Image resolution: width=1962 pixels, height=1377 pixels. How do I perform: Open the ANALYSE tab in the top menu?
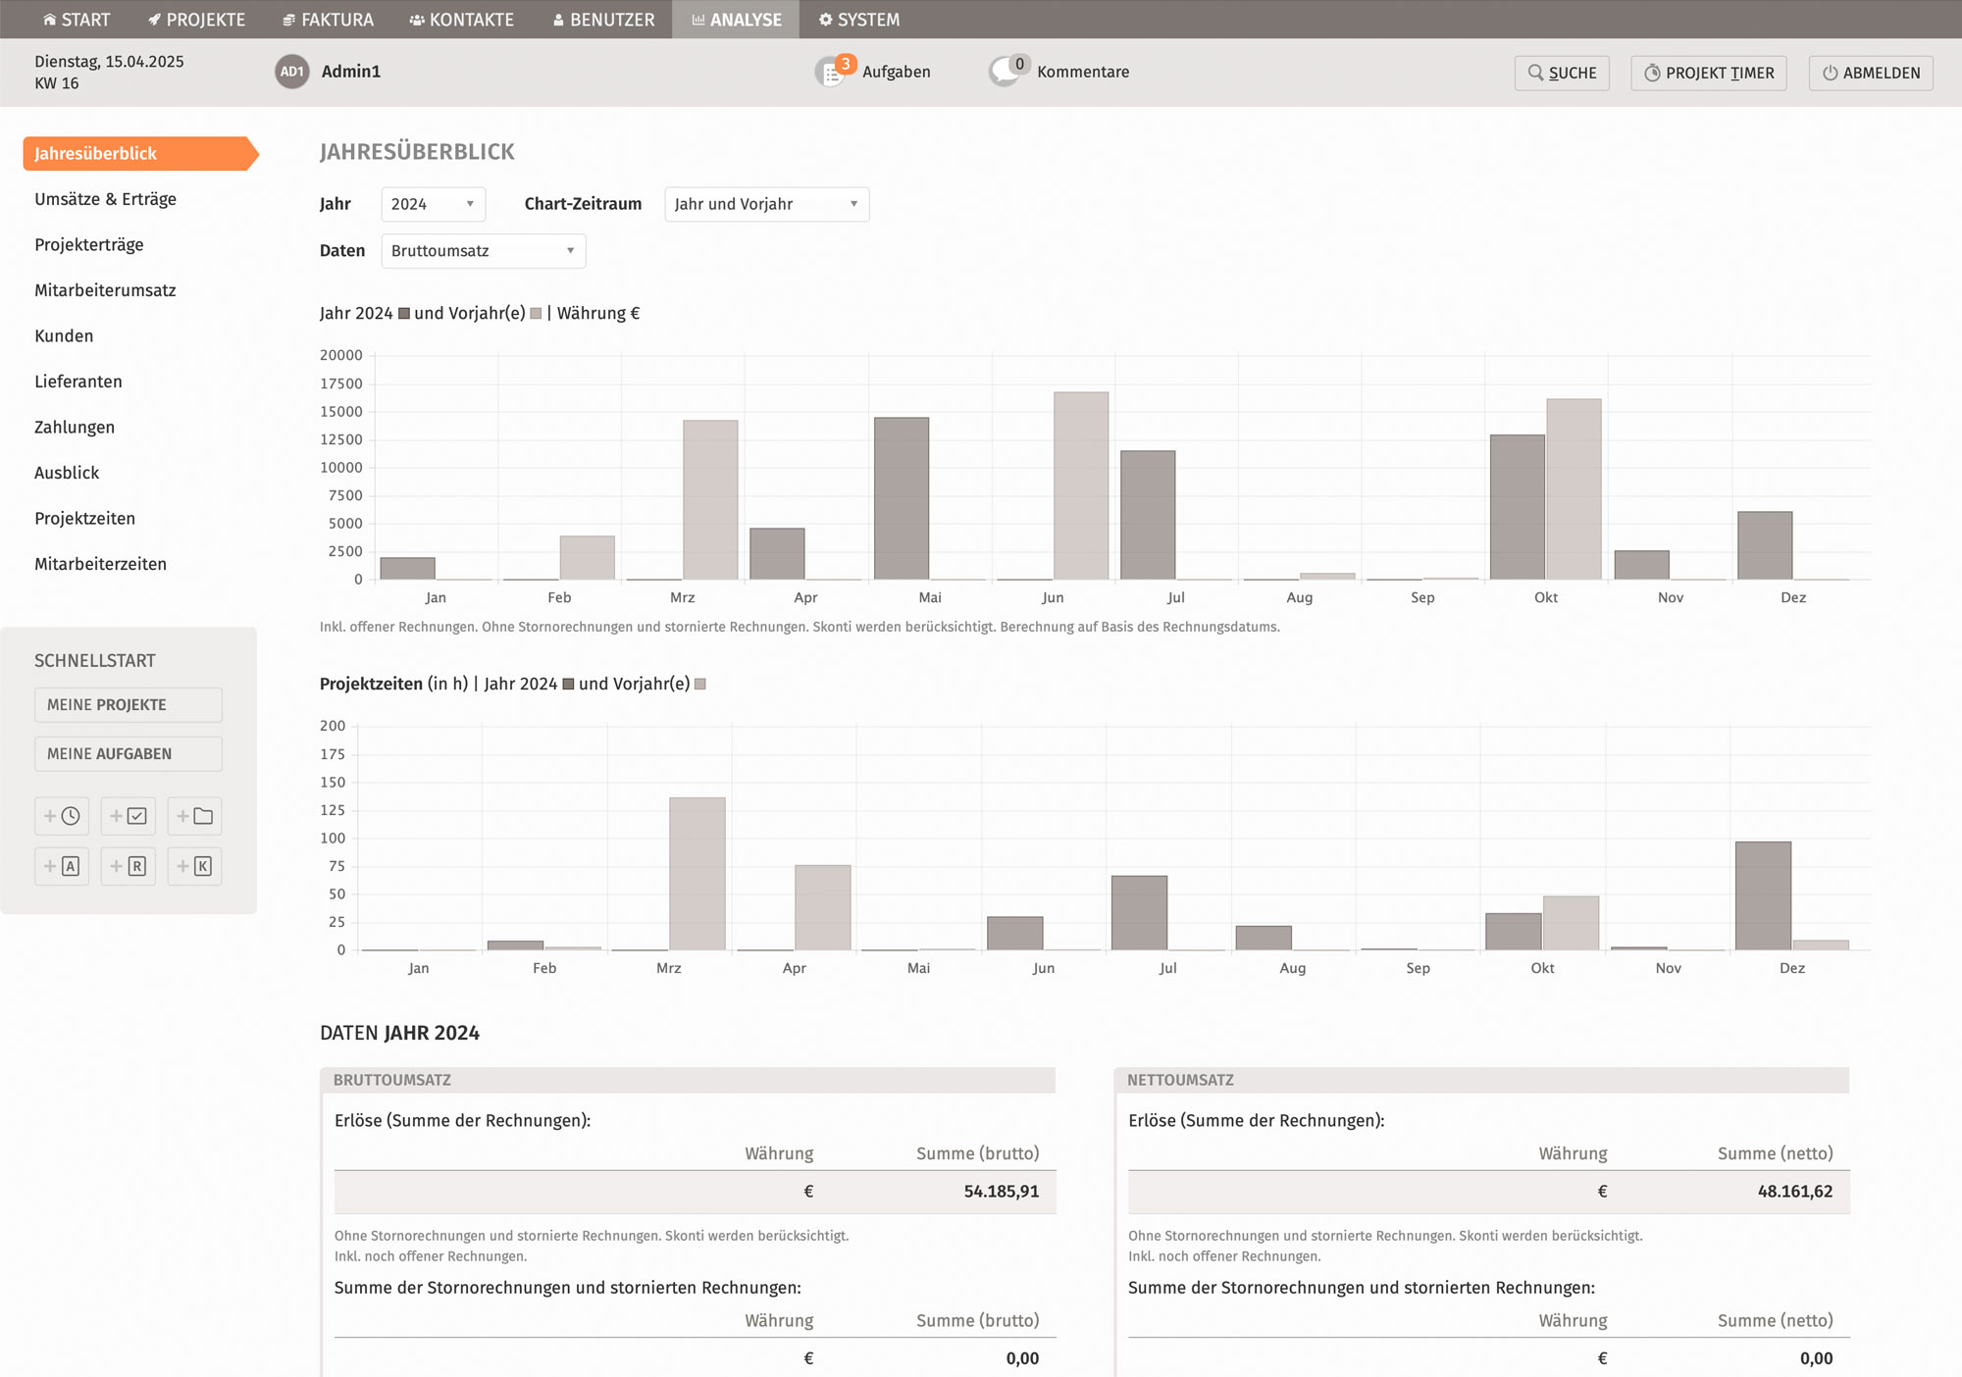tap(736, 20)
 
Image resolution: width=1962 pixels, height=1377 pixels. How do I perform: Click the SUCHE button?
tap(1562, 73)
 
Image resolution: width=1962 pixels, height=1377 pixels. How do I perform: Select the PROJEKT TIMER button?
tap(1709, 73)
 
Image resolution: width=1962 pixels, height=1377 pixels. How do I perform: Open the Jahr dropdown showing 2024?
tap(434, 204)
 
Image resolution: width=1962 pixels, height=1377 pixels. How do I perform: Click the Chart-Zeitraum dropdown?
tap(767, 204)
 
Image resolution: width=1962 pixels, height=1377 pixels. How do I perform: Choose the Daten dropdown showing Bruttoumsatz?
tap(484, 251)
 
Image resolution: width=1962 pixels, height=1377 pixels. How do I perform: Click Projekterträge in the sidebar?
tap(89, 244)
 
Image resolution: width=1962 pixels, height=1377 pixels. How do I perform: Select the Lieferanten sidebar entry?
tap(78, 382)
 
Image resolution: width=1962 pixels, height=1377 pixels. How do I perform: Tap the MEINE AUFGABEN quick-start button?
tap(129, 754)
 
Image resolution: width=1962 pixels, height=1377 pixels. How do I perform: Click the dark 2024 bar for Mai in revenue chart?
tap(902, 498)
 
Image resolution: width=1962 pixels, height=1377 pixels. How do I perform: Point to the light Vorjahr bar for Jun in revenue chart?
tap(1081, 485)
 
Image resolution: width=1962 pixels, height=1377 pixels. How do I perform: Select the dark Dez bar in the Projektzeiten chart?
tap(1763, 895)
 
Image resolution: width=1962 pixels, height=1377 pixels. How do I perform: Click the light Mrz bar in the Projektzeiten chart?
tap(697, 874)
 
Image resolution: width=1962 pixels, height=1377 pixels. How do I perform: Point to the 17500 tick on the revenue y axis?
tap(341, 383)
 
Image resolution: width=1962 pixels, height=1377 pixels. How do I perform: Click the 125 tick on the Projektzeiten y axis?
tap(333, 810)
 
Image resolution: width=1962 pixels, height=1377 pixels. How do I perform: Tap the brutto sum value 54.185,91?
tap(1001, 1192)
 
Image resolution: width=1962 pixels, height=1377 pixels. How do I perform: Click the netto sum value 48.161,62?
tap(1795, 1192)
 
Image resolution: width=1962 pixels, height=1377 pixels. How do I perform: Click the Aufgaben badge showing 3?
tap(845, 65)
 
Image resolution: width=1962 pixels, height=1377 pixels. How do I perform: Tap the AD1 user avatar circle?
tap(292, 72)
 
